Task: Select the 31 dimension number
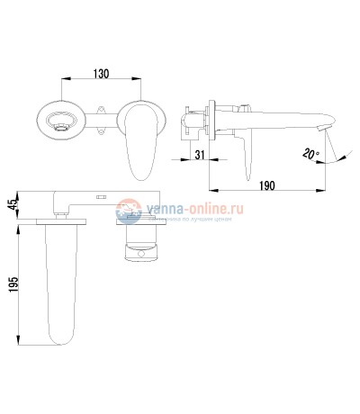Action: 200,154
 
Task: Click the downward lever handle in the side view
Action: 244,153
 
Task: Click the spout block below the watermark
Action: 143,244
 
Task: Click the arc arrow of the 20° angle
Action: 337,159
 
